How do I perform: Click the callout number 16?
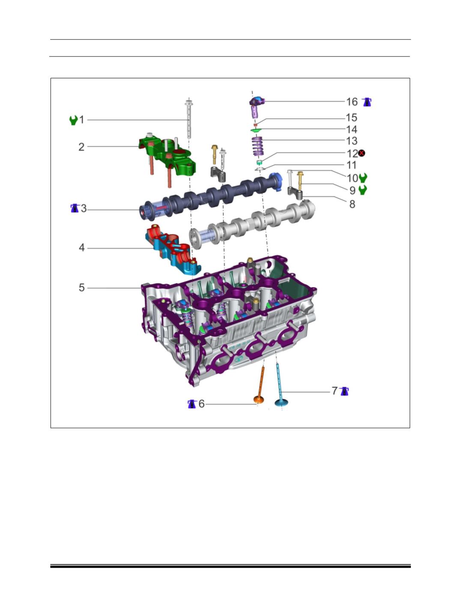point(352,102)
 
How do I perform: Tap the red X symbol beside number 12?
point(361,153)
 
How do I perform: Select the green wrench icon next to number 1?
point(73,120)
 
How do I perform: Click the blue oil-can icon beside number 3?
point(75,208)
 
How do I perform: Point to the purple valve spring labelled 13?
point(257,146)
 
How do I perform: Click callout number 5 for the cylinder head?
point(81,288)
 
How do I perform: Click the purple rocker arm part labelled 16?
point(257,107)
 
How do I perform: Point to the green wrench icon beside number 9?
point(363,190)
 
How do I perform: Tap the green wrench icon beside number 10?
point(363,177)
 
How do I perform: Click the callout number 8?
point(352,204)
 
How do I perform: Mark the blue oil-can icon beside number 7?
point(344,391)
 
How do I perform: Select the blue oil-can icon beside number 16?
point(367,102)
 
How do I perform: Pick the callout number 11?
point(352,165)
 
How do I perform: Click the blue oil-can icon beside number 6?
point(192,404)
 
